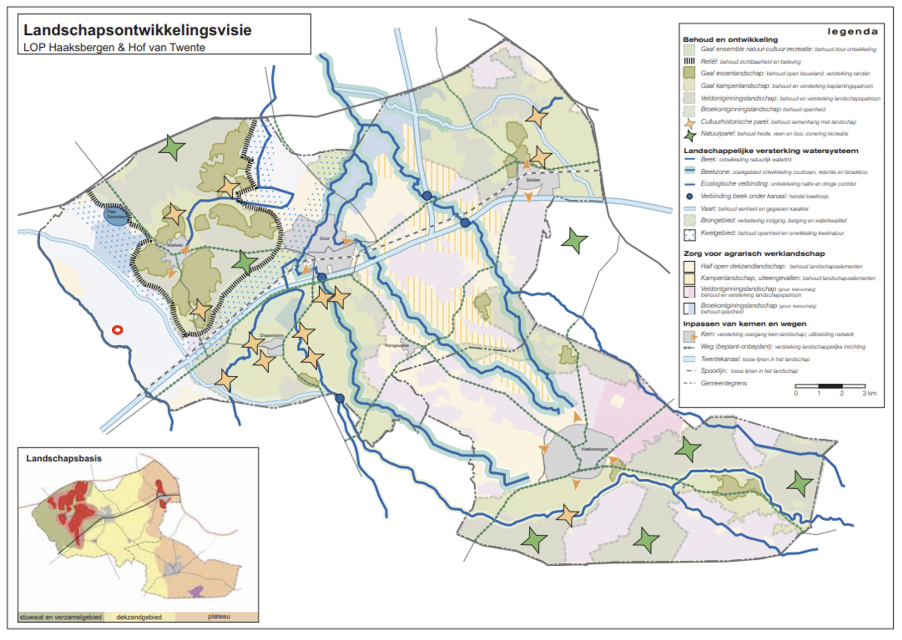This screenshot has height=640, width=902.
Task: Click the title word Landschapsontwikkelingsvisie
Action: [x=137, y=30]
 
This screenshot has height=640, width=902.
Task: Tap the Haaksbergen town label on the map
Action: [x=594, y=449]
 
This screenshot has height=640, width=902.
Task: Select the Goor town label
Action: [x=324, y=239]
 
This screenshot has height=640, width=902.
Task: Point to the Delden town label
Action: [x=533, y=180]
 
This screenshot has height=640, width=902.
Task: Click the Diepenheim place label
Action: [x=271, y=335]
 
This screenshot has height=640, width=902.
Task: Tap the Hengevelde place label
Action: [x=397, y=345]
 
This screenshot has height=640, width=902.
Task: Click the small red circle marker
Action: [x=117, y=330]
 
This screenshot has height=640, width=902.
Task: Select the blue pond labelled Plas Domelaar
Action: [x=117, y=215]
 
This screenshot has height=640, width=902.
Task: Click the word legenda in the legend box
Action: [x=852, y=31]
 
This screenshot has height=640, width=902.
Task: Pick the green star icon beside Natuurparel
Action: [x=690, y=134]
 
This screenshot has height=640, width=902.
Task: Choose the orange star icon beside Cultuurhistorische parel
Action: [x=690, y=122]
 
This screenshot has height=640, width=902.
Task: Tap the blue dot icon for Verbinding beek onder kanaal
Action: [x=689, y=197]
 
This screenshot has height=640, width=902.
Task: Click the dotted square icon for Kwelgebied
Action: [x=689, y=234]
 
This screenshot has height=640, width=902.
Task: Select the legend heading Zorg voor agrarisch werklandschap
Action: [x=754, y=254]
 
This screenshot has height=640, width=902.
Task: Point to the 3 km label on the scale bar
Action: [x=869, y=393]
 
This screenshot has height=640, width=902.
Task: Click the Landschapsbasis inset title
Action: [x=64, y=458]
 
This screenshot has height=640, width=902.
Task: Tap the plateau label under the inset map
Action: [x=219, y=617]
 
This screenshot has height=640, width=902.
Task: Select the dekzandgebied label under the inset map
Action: [x=139, y=617]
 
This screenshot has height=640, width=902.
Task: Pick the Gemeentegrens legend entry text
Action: [x=723, y=383]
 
